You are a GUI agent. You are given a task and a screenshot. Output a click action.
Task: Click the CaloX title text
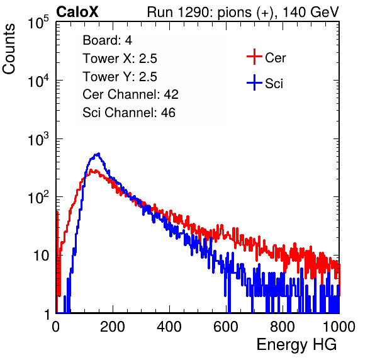point(77,12)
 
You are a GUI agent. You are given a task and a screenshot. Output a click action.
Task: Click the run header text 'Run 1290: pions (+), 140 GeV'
point(243,13)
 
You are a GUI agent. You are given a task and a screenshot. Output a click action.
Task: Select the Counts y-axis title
point(9,49)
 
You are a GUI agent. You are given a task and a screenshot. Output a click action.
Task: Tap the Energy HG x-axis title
point(296,345)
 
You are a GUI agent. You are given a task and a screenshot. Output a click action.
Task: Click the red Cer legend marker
point(254,57)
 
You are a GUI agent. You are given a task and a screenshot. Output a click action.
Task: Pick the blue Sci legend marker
point(254,83)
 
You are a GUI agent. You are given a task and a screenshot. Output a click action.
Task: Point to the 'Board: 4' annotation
point(107,40)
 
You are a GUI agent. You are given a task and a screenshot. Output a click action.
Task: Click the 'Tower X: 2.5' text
point(120,59)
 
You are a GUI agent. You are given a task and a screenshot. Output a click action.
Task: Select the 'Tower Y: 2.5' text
point(120,77)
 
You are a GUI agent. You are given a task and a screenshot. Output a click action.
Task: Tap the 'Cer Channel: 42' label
point(131,94)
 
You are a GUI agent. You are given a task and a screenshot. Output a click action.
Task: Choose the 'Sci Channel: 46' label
point(129,113)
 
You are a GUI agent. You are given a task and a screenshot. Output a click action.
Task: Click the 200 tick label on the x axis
point(113,327)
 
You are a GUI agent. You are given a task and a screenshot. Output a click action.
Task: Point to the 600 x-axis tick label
point(226,327)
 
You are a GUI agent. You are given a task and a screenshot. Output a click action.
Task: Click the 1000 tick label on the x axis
point(339,327)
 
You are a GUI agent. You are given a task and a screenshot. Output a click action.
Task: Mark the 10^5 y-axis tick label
point(38,23)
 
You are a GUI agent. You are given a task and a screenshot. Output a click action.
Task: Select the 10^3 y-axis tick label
point(38,139)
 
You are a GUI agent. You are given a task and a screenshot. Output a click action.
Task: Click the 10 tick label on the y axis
point(41,256)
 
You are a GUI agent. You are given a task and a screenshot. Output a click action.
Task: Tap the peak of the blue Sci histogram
point(99,154)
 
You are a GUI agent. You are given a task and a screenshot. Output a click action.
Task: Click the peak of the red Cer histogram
point(91,171)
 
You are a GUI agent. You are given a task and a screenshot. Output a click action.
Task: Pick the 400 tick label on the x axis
point(169,327)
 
